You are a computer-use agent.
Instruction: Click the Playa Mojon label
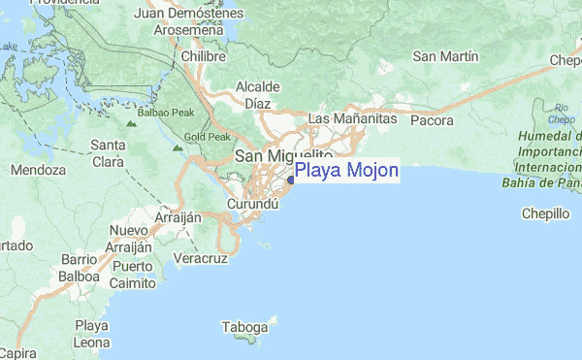[345, 172]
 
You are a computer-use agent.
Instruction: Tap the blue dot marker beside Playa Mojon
[292, 178]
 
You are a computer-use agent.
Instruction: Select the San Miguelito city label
[284, 156]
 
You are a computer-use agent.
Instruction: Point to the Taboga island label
[243, 326]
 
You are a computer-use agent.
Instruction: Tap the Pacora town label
[433, 121]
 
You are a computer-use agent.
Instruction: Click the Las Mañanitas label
[352, 118]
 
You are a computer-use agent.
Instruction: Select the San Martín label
[446, 56]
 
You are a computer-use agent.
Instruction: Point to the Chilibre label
[203, 58]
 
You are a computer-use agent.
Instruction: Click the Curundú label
[253, 206]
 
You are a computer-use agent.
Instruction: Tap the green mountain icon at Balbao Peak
[130, 124]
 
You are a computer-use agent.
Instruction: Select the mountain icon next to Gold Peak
[178, 149]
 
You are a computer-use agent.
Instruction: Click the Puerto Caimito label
[133, 275]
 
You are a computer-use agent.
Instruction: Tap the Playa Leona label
[92, 334]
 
